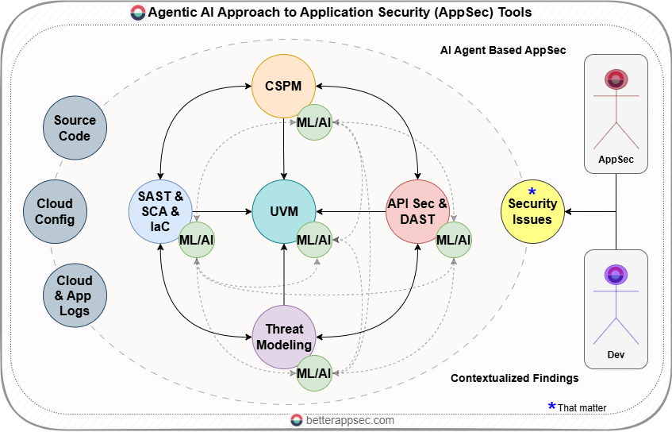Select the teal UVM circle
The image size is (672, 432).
point(284,212)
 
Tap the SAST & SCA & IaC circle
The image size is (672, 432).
point(161,212)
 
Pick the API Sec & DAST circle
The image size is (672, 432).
point(417,212)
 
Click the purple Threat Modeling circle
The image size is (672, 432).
point(284,337)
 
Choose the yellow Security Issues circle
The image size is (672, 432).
point(532,211)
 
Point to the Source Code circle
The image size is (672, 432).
point(75,129)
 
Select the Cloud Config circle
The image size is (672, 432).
point(54,211)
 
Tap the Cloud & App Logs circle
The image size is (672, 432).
point(75,295)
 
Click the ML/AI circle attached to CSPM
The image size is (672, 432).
point(314,122)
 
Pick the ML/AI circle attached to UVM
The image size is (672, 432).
point(314,239)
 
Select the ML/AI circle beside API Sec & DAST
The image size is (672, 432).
point(454,239)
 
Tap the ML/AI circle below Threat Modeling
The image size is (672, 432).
point(314,372)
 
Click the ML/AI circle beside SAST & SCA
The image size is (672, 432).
point(197,239)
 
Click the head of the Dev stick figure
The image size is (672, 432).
point(616,275)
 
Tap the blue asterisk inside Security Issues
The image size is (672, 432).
point(532,193)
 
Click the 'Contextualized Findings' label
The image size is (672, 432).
point(514,378)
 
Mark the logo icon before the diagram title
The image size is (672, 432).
point(138,13)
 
